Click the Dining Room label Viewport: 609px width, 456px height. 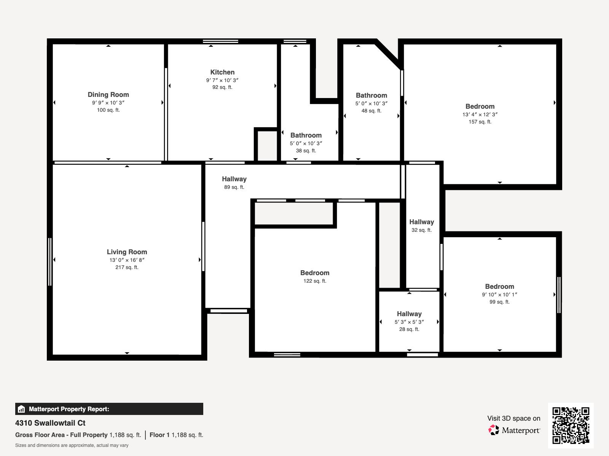[x=108, y=95]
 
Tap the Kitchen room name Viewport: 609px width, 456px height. [x=222, y=72]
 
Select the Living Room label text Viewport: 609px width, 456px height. [x=127, y=252]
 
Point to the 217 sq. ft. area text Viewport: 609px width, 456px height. [x=127, y=268]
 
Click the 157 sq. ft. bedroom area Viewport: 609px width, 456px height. [x=480, y=122]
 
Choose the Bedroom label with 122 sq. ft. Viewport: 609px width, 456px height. [x=315, y=273]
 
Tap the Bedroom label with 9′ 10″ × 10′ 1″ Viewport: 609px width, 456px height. [x=499, y=287]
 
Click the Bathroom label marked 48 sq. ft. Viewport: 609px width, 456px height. [x=371, y=95]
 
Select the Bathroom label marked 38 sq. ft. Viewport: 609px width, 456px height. [x=306, y=135]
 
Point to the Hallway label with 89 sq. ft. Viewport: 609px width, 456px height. [x=234, y=179]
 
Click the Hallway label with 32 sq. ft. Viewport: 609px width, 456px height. [x=421, y=222]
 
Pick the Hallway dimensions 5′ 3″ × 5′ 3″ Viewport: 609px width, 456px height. [x=409, y=322]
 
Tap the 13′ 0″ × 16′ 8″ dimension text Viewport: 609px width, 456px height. [x=127, y=260]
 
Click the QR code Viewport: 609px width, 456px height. [x=571, y=425]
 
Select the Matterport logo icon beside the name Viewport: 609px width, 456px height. [x=494, y=430]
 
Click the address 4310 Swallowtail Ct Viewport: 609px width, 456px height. [x=50, y=423]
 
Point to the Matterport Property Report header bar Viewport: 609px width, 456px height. [x=109, y=409]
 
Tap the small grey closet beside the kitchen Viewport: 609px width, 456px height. [x=267, y=146]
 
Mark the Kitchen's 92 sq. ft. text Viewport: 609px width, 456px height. [x=222, y=87]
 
